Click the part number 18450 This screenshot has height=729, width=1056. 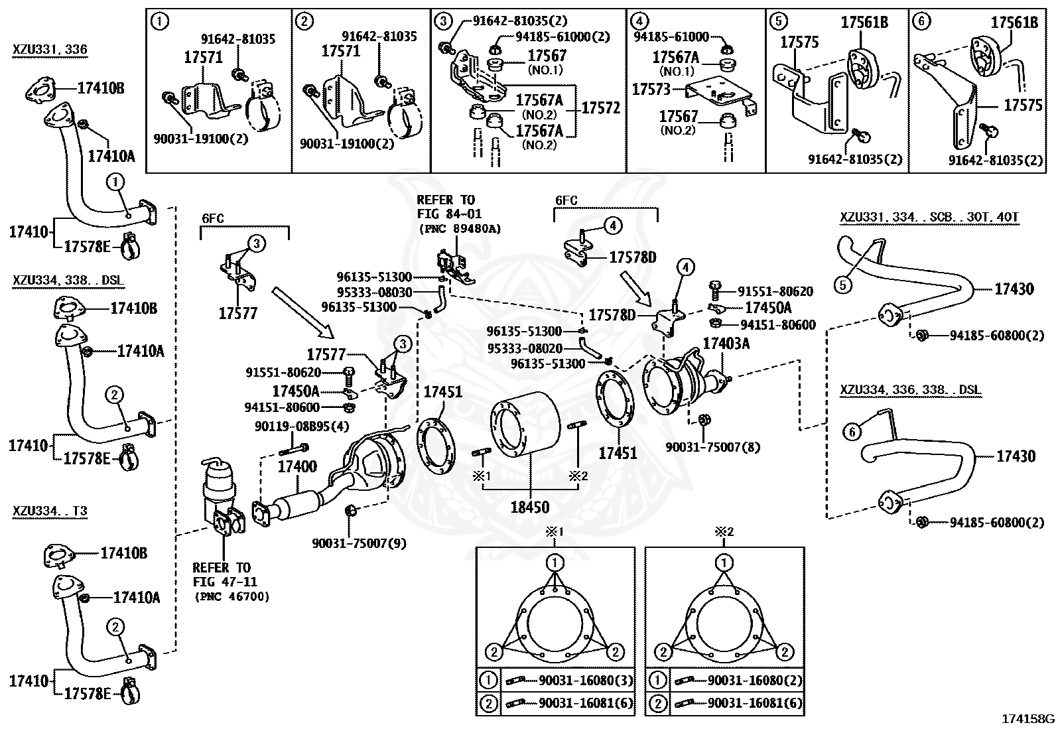click(x=531, y=507)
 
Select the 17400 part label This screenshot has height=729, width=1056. click(x=297, y=466)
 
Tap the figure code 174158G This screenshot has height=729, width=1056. click(x=1027, y=719)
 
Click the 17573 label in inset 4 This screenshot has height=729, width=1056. click(x=651, y=89)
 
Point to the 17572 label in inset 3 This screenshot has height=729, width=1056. click(x=600, y=107)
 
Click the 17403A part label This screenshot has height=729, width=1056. click(x=726, y=344)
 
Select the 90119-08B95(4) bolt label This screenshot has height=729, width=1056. click(x=302, y=427)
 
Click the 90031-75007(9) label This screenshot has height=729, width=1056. click(x=360, y=543)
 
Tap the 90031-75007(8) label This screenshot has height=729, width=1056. click(x=713, y=446)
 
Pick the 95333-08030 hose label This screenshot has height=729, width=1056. click(x=374, y=292)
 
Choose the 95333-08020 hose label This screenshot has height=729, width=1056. click(x=525, y=348)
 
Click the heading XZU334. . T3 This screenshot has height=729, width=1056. click(x=50, y=511)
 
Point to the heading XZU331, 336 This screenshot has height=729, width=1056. click(x=50, y=50)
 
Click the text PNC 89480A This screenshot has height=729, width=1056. click(x=460, y=229)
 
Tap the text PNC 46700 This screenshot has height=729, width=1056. click(x=231, y=596)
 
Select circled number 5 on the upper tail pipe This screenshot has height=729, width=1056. click(x=842, y=285)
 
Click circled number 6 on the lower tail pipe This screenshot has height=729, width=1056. click(x=852, y=431)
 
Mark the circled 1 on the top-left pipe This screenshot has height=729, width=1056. click(x=115, y=182)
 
